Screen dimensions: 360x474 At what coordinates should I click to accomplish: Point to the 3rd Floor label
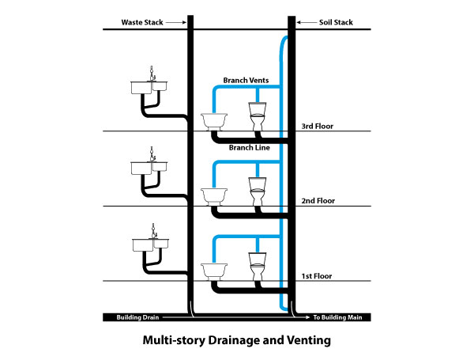318,127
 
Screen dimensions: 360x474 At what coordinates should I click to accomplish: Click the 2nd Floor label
318,201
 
